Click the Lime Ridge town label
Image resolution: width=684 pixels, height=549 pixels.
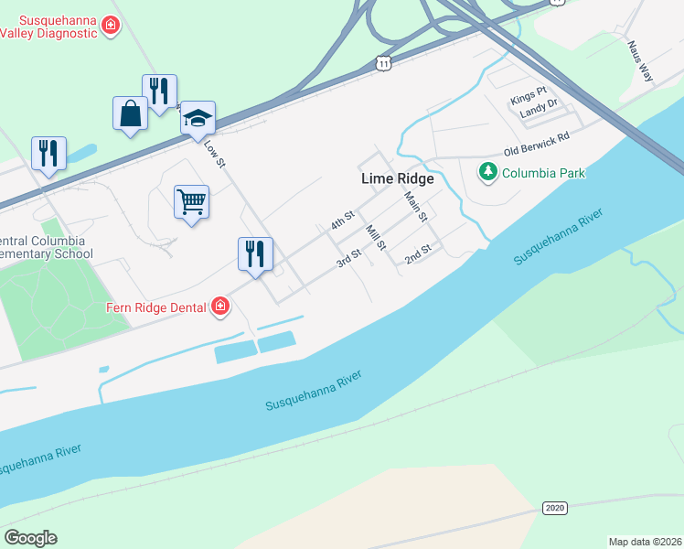(x=397, y=179)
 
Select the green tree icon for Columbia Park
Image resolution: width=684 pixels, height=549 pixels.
(x=488, y=171)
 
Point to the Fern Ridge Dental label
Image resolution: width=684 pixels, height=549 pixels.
(x=155, y=308)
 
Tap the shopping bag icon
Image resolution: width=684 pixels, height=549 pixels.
(x=131, y=114)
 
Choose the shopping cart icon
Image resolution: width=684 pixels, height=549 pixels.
(x=191, y=200)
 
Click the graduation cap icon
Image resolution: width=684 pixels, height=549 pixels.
(x=198, y=117)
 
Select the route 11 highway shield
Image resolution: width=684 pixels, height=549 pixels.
(x=384, y=62)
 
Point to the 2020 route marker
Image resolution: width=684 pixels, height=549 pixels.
(x=554, y=508)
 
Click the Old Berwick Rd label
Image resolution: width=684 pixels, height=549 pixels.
(x=537, y=144)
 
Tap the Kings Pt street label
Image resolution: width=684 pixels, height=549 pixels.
(x=529, y=93)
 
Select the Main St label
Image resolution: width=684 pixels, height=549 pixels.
(x=416, y=205)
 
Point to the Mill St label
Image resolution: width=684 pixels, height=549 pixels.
(x=376, y=239)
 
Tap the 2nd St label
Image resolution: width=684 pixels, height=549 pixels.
(x=418, y=254)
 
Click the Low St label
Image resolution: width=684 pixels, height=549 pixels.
(x=214, y=153)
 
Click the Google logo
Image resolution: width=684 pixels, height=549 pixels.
(x=30, y=537)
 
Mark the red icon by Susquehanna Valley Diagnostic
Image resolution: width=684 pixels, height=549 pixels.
(x=111, y=25)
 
